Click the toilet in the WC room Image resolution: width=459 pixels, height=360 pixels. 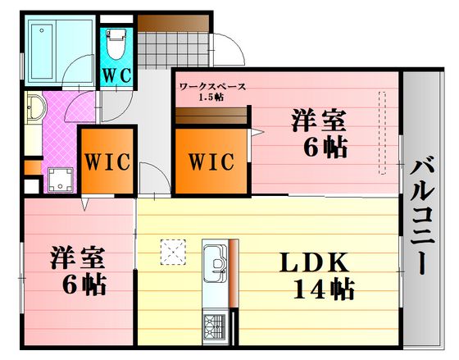pyautogui.click(x=116, y=43)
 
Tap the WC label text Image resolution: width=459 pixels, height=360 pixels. pyautogui.click(x=117, y=75)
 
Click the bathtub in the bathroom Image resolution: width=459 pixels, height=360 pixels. pyautogui.click(x=43, y=52)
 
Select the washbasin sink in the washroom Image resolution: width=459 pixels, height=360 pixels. pyautogui.click(x=35, y=107)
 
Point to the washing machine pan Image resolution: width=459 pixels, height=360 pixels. pyautogui.click(x=61, y=180)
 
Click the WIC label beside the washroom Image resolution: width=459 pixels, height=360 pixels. pyautogui.click(x=107, y=162)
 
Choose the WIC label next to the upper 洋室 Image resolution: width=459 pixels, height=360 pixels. pyautogui.click(x=211, y=162)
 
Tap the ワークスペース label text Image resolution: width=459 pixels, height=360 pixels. pyautogui.click(x=212, y=87)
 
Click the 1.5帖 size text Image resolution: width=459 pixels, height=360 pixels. pyautogui.click(x=211, y=98)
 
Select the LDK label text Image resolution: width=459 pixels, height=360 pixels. pyautogui.click(x=314, y=262)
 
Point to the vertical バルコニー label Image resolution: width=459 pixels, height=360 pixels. pyautogui.click(x=421, y=217)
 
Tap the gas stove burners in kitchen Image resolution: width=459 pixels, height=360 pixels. pyautogui.click(x=215, y=326)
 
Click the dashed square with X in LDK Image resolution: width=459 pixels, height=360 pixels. pyautogui.click(x=173, y=253)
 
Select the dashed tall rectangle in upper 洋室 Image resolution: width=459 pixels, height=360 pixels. pyautogui.click(x=382, y=133)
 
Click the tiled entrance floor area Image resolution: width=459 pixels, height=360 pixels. pyautogui.click(x=174, y=50)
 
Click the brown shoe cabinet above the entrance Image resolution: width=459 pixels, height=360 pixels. pyautogui.click(x=173, y=23)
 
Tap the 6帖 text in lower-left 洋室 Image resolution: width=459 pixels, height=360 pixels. pyautogui.click(x=84, y=285)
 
